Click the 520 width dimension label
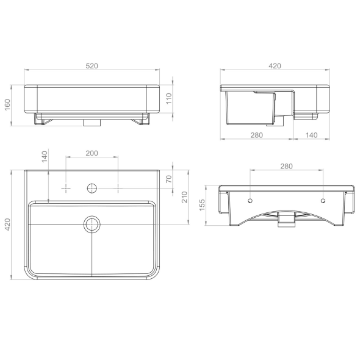[92, 66]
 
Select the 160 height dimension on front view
[7, 104]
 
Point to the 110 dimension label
[169, 98]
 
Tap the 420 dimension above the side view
[275, 66]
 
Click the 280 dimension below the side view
[256, 135]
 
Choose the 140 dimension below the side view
[311, 135]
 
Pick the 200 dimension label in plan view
[92, 153]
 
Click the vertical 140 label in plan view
[45, 156]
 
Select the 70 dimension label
[169, 179]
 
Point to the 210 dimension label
[185, 197]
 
